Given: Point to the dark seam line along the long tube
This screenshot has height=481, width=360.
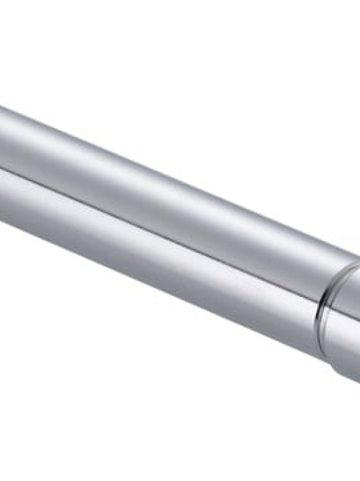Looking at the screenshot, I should tap(161, 224).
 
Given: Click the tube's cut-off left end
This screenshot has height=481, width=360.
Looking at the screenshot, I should tap(3, 168).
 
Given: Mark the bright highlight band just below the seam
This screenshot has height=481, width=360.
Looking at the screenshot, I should tap(161, 238).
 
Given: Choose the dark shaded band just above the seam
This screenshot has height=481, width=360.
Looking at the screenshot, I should tap(161, 213).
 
